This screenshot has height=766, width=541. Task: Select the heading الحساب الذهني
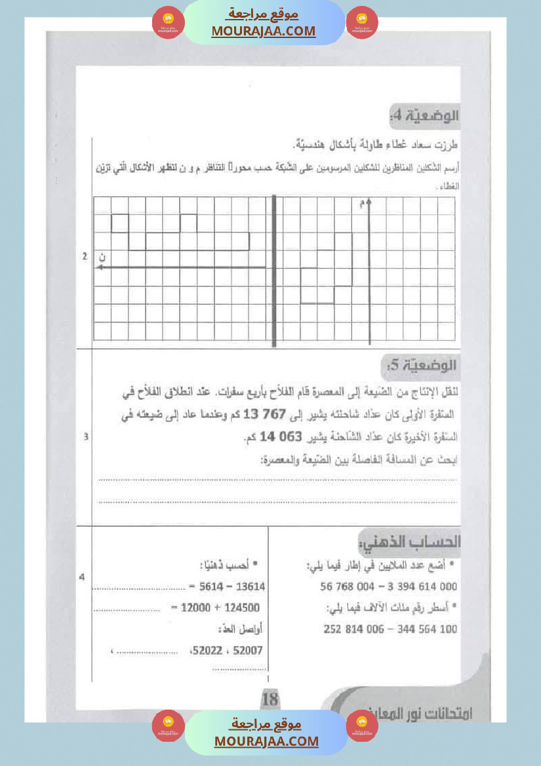[x=411, y=542]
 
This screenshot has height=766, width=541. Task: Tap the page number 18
[x=270, y=699]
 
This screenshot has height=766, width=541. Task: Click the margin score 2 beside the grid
[x=85, y=256]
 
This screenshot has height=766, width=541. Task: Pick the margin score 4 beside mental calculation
[x=82, y=577]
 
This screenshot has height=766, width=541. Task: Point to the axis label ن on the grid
[x=102, y=257]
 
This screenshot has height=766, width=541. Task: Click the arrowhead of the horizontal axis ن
[x=101, y=267]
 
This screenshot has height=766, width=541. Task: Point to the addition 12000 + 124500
[x=215, y=607]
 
